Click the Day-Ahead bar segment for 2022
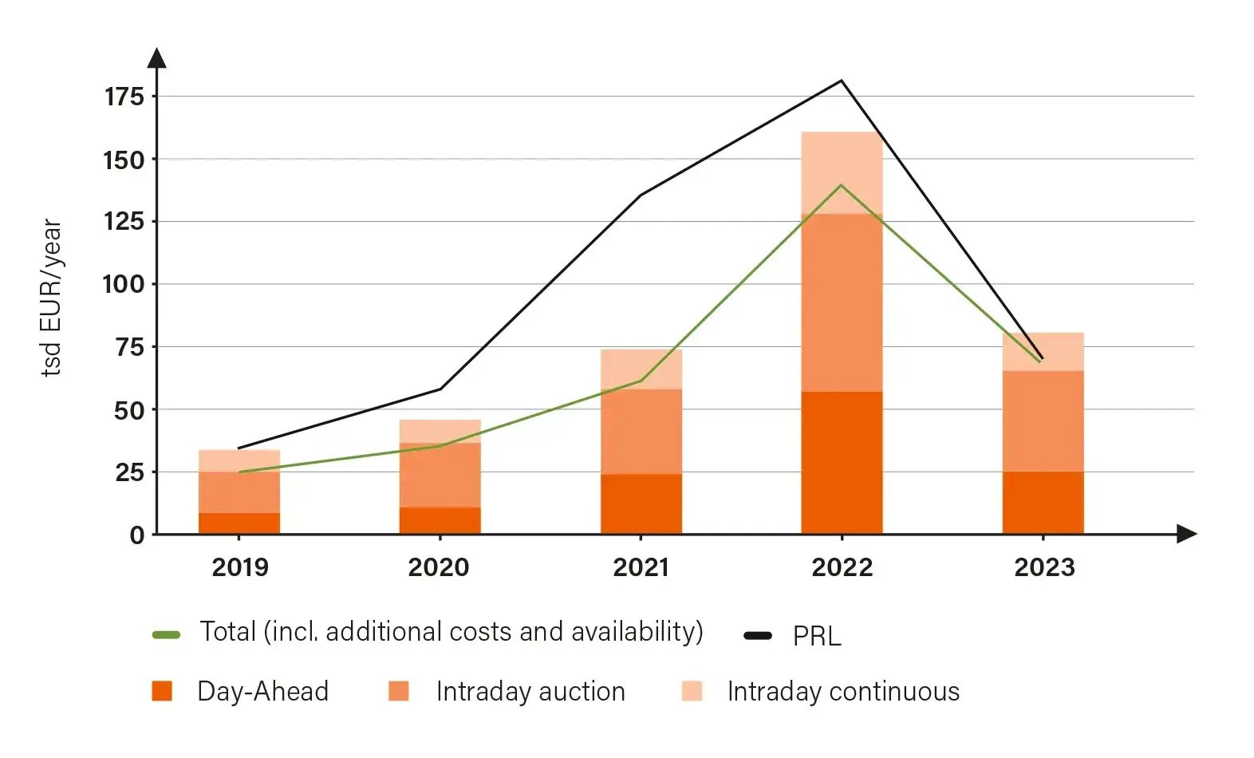[842, 463]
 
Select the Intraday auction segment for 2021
[641, 432]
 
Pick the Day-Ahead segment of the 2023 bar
[1043, 503]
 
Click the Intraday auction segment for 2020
[440, 476]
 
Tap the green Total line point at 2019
[239, 472]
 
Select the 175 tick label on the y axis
[124, 97]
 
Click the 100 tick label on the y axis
[124, 284]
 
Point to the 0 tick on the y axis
[137, 535]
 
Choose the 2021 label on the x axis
[641, 567]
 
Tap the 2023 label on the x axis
[1044, 567]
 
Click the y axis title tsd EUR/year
[51, 297]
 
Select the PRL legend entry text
[817, 637]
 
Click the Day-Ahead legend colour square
[162, 691]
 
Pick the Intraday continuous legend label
[843, 691]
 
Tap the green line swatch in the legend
[166, 635]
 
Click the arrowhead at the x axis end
[1186, 534]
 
